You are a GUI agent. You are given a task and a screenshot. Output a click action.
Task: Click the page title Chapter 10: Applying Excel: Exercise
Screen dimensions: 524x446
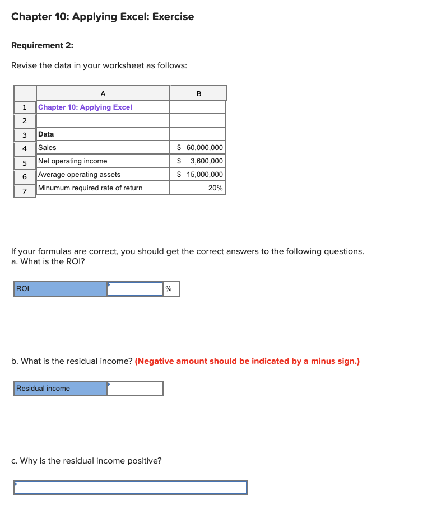tap(103, 17)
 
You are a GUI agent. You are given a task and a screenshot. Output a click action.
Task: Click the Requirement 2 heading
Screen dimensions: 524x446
tap(42, 45)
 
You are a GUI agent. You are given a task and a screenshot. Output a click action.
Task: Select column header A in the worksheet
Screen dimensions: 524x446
tap(103, 93)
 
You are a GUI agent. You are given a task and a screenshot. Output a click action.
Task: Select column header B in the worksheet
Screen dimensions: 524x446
tap(198, 93)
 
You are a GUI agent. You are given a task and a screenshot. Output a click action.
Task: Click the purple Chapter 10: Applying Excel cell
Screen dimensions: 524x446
tap(85, 107)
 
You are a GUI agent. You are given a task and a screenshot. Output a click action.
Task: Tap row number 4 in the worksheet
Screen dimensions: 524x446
tap(25, 148)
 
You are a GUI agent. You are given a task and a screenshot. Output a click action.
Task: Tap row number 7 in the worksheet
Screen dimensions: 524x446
tap(25, 191)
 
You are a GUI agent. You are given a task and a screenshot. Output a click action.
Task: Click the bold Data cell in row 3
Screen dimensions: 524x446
tap(46, 134)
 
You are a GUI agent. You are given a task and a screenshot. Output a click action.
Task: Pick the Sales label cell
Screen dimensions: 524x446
tap(47, 147)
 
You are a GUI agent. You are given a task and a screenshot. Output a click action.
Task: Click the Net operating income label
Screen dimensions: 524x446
tap(73, 161)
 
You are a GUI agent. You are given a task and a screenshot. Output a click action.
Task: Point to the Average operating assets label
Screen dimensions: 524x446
tap(79, 174)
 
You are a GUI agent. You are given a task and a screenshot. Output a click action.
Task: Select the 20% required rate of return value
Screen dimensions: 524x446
tap(215, 188)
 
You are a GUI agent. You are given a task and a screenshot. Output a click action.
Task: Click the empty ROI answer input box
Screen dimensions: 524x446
tap(135, 289)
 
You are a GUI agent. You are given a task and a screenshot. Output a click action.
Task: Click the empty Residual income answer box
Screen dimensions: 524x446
tap(135, 389)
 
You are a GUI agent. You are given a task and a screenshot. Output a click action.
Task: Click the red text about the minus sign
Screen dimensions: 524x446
tap(247, 361)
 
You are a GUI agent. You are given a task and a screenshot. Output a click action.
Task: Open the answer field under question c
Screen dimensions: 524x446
tap(131, 488)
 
